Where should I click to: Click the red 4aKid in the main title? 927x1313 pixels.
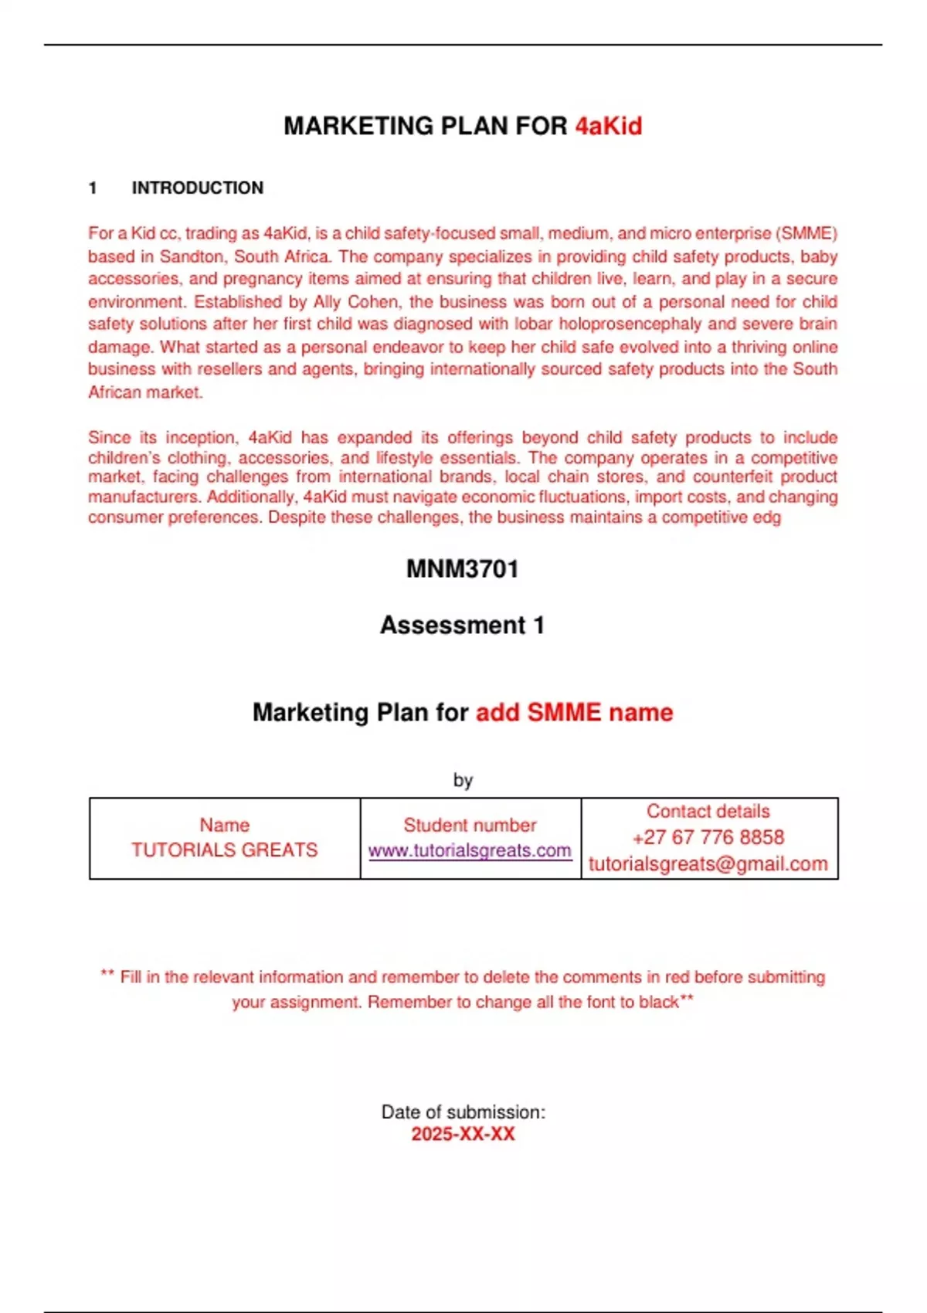click(609, 126)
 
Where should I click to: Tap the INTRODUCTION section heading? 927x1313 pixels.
click(198, 188)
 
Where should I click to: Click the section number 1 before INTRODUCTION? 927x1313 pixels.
click(93, 188)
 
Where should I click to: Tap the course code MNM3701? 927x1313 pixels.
click(463, 569)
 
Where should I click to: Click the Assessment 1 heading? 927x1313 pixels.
click(463, 625)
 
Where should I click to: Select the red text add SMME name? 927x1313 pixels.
click(574, 712)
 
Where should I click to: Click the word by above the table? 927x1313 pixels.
click(463, 780)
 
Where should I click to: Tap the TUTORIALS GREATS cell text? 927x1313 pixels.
click(224, 850)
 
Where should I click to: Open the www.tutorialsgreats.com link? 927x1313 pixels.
click(470, 850)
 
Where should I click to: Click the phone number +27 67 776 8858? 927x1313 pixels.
click(708, 837)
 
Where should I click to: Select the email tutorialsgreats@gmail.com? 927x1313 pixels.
click(708, 864)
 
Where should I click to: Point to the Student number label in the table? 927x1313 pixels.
click(470, 825)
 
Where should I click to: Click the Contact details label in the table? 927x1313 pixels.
click(708, 811)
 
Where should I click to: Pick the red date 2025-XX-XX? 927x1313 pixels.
click(463, 1134)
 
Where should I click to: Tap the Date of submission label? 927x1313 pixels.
click(463, 1112)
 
